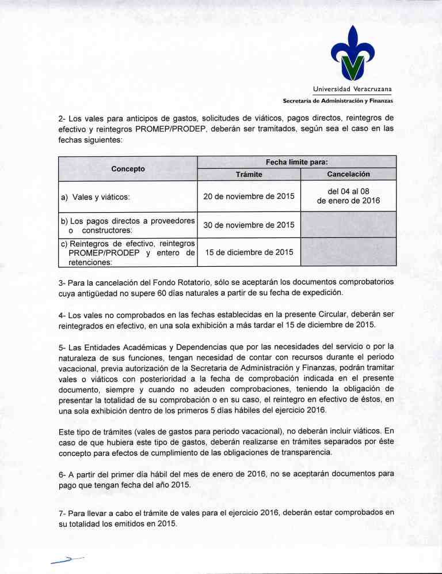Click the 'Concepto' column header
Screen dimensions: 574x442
coord(128,168)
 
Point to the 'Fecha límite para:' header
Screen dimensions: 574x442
coord(296,163)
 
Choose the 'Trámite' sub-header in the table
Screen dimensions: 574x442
coord(249,174)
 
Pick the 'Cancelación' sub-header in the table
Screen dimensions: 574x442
coord(348,174)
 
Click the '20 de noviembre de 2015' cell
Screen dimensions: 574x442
coord(249,197)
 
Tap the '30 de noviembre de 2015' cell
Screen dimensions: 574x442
coord(249,224)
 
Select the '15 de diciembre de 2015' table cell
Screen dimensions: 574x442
coord(249,252)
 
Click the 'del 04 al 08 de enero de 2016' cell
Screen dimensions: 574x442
coord(348,196)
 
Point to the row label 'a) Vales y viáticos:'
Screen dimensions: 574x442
coord(95,197)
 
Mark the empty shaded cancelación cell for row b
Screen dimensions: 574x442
coord(348,224)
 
